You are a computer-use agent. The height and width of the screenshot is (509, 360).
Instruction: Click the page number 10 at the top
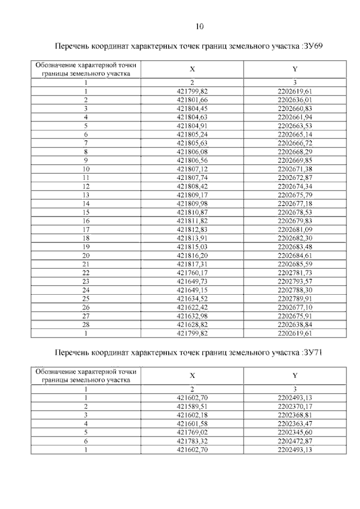click(200, 26)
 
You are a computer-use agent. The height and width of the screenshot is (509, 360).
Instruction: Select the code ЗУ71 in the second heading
click(312, 353)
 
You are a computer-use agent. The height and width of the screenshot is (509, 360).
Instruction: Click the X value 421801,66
click(192, 100)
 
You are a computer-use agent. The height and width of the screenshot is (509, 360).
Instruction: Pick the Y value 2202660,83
click(295, 108)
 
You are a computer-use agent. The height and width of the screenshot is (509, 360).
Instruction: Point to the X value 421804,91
click(192, 125)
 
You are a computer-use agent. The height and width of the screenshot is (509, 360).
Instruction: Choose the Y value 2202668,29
click(295, 151)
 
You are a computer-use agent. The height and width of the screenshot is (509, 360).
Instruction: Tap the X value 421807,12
click(192, 169)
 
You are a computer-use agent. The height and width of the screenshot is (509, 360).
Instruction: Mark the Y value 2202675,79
click(295, 195)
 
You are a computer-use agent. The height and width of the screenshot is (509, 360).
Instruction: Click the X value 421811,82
click(192, 220)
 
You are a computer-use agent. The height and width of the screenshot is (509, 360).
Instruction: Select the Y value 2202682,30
click(295, 238)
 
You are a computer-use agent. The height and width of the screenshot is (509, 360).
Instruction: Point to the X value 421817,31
click(192, 264)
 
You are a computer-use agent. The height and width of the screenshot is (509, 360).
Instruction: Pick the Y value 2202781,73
click(295, 272)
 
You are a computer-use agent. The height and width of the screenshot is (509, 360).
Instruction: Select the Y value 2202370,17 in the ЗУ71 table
click(295, 406)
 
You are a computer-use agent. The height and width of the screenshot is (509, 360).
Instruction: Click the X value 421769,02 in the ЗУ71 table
click(192, 431)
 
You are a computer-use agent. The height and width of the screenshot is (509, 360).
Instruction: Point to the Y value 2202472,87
click(295, 440)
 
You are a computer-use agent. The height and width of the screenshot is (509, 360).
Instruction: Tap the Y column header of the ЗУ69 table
click(295, 69)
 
